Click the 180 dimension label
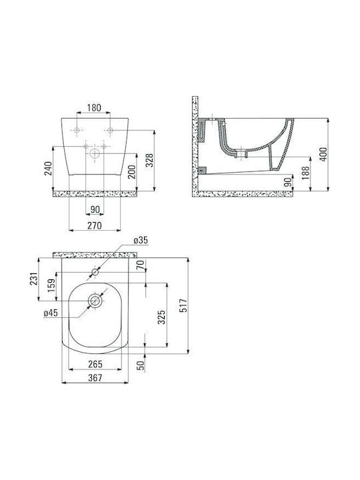tap(94, 108)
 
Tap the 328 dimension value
tap(149, 160)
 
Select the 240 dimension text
tap(49, 169)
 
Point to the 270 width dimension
tap(95, 225)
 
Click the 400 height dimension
tap(323, 154)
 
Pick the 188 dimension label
tap(305, 173)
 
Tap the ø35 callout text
tap(141, 240)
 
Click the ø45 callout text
tap(51, 313)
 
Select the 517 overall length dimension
tap(183, 305)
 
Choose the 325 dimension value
tap(161, 317)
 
